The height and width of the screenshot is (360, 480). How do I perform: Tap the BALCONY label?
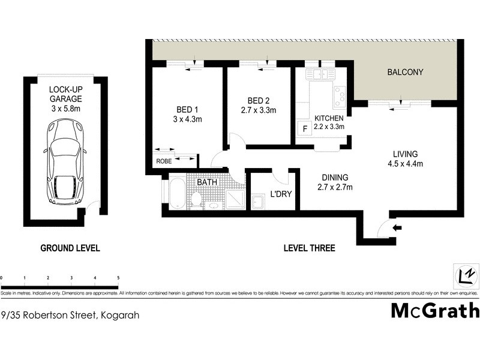click(x=405, y=72)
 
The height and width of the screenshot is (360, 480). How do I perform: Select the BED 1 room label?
click(x=187, y=109)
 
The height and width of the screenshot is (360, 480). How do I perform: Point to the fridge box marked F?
click(x=304, y=128)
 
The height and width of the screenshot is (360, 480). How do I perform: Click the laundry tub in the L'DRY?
click(x=258, y=202)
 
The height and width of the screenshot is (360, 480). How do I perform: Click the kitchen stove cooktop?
click(x=340, y=95)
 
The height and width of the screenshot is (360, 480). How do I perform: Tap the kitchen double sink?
click(x=320, y=74)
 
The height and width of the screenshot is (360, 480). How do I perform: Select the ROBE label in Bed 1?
click(x=163, y=161)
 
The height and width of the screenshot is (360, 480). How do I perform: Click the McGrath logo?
click(x=435, y=310)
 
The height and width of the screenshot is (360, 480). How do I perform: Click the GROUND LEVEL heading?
click(x=70, y=248)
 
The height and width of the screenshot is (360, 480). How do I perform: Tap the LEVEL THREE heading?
click(x=310, y=248)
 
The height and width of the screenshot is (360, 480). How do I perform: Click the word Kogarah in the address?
click(x=120, y=314)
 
